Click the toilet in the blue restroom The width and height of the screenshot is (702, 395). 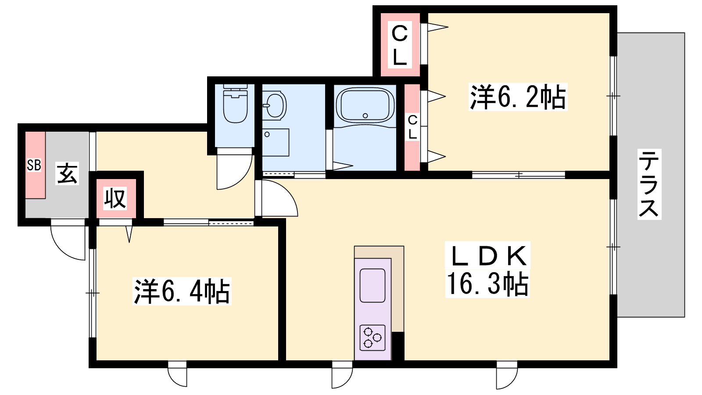(x=235, y=104)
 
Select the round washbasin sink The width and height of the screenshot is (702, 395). (x=275, y=106)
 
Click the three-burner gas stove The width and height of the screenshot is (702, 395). (x=372, y=338)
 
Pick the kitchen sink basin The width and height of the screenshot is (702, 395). (x=372, y=285)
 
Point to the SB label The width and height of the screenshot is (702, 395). (x=34, y=165)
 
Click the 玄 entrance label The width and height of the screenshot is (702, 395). (x=67, y=173)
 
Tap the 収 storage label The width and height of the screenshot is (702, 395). (x=115, y=198)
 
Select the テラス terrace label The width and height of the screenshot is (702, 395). (x=649, y=184)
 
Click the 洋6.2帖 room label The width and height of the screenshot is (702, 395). (x=518, y=97)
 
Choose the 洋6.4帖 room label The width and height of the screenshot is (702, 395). (x=182, y=291)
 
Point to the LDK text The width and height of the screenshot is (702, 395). (x=487, y=255)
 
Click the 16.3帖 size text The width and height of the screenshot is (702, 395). (x=487, y=284)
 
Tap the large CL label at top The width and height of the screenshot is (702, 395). (x=400, y=44)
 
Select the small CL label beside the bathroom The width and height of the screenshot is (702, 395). (x=412, y=127)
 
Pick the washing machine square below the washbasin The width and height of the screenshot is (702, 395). (x=276, y=142)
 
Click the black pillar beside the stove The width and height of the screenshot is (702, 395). (x=398, y=346)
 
